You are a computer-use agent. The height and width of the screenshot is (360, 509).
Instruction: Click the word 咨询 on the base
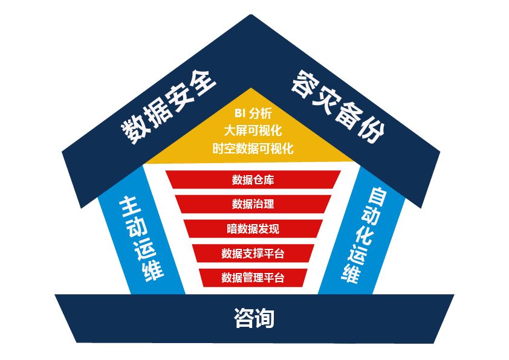(x=254, y=318)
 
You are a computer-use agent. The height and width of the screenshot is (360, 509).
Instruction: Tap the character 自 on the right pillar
(x=378, y=198)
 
